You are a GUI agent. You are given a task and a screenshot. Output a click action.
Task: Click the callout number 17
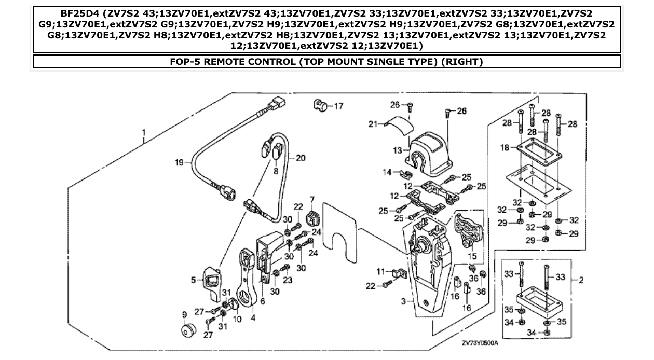pos(338,106)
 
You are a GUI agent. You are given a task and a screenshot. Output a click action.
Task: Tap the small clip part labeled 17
pos(320,105)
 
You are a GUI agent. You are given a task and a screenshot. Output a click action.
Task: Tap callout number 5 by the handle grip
pos(194,280)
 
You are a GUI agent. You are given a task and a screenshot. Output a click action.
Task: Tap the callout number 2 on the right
pos(581,281)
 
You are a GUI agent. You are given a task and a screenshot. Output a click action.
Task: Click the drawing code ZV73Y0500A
pos(480,343)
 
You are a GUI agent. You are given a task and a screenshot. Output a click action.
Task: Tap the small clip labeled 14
pos(404,173)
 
